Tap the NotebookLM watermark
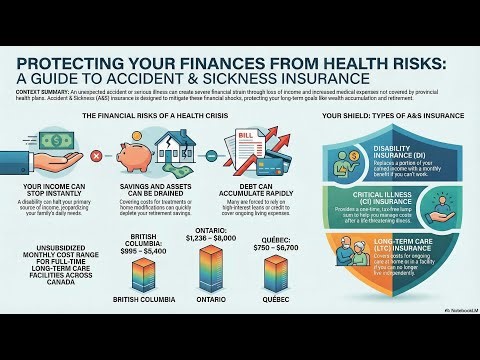[x=456, y=339]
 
